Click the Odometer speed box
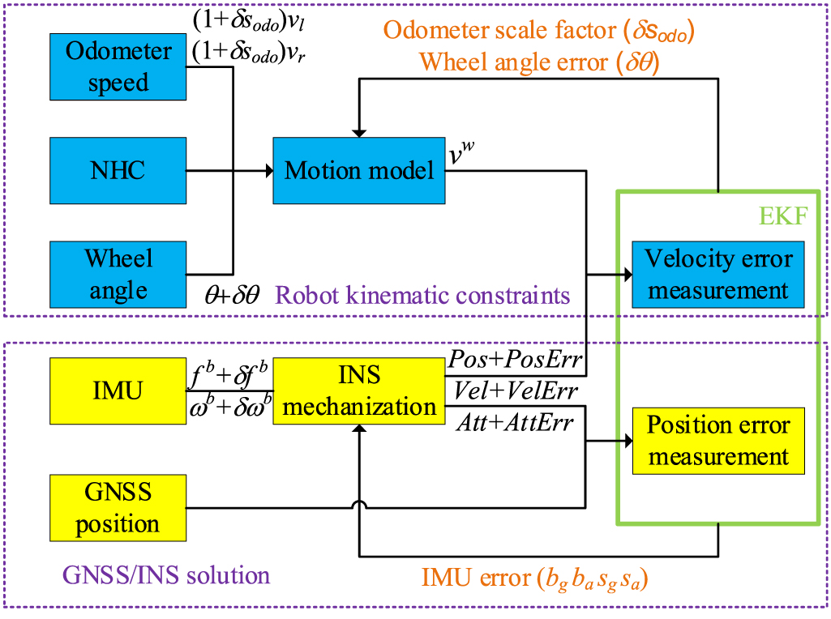pyautogui.click(x=118, y=67)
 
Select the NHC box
pyautogui.click(x=118, y=170)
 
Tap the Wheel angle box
pyautogui.click(x=118, y=274)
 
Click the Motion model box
pyautogui.click(x=359, y=170)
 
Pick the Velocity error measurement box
pyautogui.click(x=718, y=275)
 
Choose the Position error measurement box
pyautogui.click(x=718, y=441)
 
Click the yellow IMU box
pyautogui.click(x=118, y=391)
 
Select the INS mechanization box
pyautogui.click(x=359, y=391)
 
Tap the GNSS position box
pyautogui.click(x=118, y=508)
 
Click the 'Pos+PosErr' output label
pyautogui.click(x=511, y=359)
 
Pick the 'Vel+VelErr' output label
pyautogui.click(x=512, y=391)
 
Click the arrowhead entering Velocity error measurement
pyautogui.click(x=626, y=275)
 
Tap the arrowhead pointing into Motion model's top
pyautogui.click(x=358, y=132)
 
